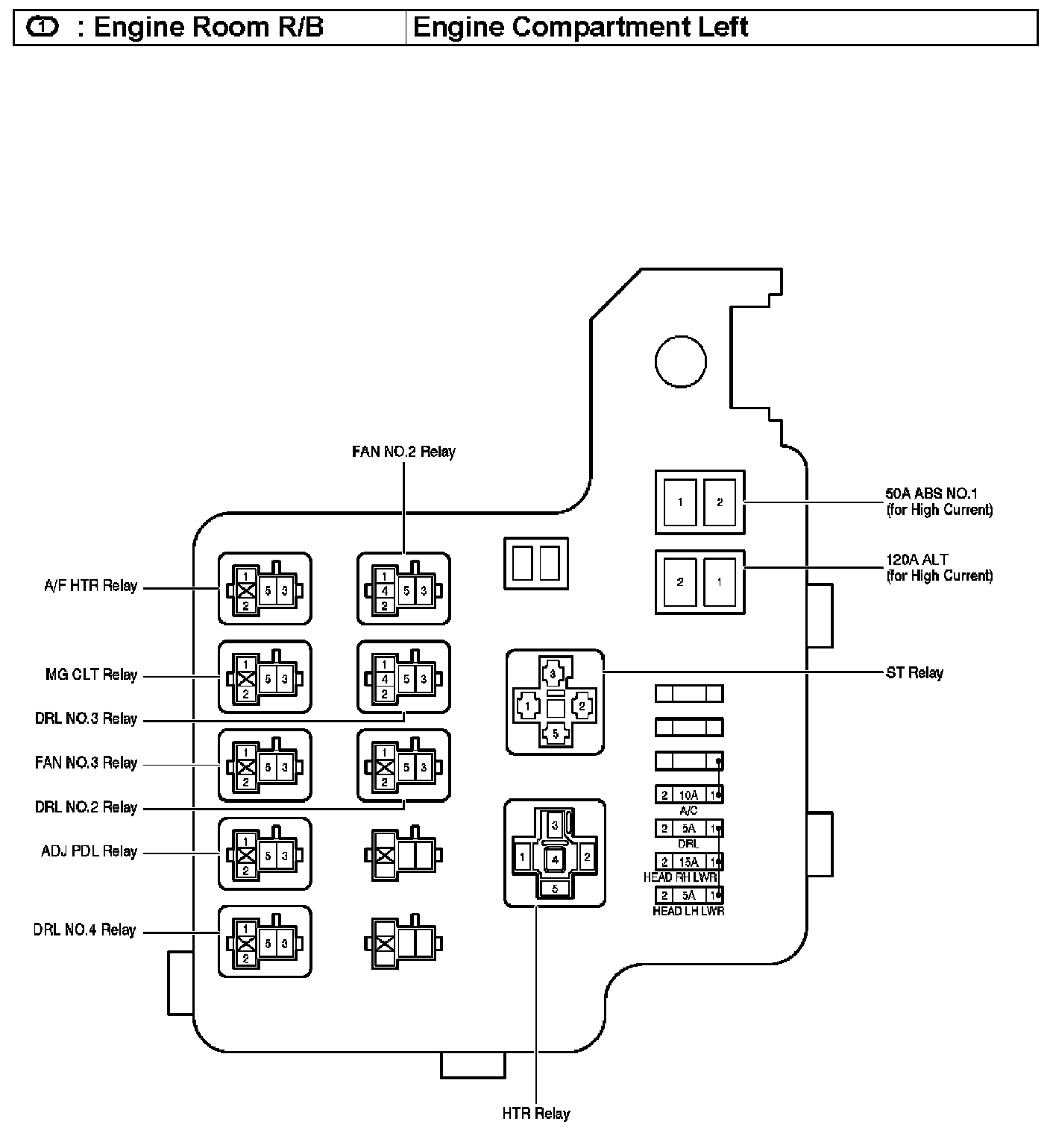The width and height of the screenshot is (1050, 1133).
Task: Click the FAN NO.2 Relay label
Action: (x=403, y=452)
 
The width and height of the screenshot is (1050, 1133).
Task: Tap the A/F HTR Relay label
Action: (x=91, y=586)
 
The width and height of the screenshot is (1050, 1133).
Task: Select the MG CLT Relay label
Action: (x=92, y=675)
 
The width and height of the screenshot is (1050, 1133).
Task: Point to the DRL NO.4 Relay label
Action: (x=84, y=930)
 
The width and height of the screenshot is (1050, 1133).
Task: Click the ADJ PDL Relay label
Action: (x=89, y=851)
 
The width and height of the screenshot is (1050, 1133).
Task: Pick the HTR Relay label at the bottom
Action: (x=536, y=1114)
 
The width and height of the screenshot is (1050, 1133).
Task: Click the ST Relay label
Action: (x=914, y=673)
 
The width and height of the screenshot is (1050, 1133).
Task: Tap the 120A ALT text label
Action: (x=917, y=559)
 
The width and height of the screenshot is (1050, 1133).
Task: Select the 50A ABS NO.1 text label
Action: (x=931, y=493)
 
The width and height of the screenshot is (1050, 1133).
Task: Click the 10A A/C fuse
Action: (x=689, y=795)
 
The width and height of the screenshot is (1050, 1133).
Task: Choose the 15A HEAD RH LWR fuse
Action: (x=689, y=862)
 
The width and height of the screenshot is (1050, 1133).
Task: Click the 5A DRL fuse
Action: (x=689, y=828)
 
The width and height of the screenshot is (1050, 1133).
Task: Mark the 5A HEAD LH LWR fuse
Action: (x=689, y=895)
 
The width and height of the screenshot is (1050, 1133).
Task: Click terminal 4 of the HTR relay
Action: (x=555, y=859)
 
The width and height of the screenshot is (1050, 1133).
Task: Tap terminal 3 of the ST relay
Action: (x=553, y=674)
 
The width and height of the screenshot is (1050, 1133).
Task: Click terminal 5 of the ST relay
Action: (x=555, y=733)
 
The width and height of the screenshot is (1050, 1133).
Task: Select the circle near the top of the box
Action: (x=681, y=362)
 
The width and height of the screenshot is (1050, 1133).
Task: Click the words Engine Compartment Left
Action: (x=580, y=27)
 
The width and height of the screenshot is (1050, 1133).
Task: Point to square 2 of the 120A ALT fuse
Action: (x=680, y=582)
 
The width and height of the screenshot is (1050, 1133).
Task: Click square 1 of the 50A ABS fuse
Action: (x=680, y=502)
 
